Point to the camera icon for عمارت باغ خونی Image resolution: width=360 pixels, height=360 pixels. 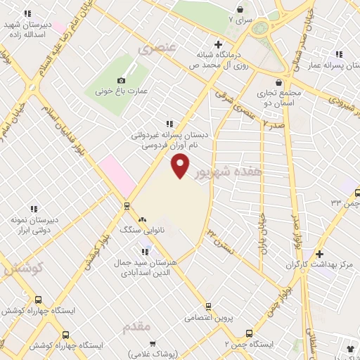[x=122, y=81]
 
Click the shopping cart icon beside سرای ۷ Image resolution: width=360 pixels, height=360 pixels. [x=241, y=10]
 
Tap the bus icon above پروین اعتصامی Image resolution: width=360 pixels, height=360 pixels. [x=208, y=306]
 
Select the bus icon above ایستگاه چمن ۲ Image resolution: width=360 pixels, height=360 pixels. [x=248, y=333]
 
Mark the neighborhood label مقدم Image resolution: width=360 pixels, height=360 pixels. [x=136, y=328]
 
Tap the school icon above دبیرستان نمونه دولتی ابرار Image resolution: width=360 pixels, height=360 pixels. [x=33, y=208]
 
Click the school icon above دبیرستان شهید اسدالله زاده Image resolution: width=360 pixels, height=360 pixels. [x=27, y=13]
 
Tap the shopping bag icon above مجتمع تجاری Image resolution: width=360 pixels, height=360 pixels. [x=280, y=82]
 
